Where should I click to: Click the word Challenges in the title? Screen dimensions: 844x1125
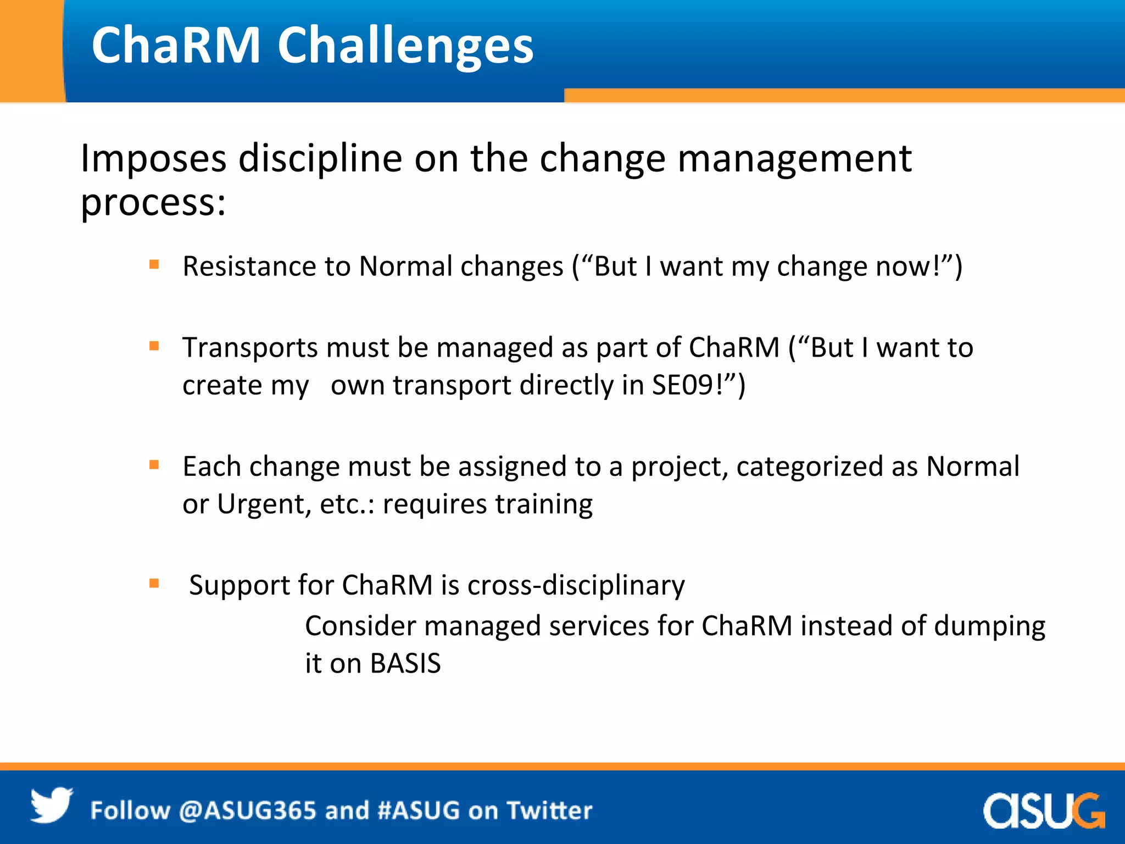[405, 46]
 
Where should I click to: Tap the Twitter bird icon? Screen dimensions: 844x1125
[51, 805]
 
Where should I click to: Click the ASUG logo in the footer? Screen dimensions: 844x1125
[1043, 810]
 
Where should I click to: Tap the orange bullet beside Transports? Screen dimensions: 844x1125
[154, 346]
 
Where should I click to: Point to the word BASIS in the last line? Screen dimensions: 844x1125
[405, 664]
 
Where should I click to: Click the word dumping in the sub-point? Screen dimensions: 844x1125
[989, 626]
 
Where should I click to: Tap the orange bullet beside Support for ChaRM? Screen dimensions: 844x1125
[154, 584]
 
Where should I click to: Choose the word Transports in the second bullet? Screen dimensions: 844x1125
[250, 348]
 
